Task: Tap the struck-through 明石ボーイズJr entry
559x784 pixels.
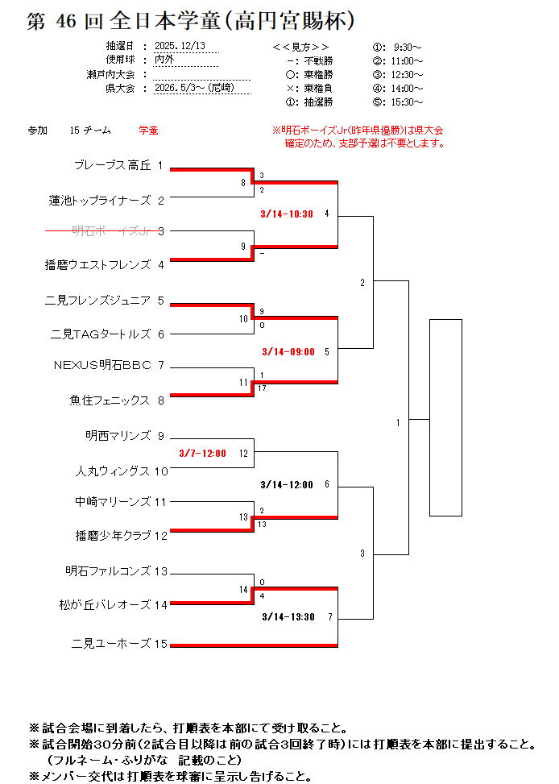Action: (x=112, y=231)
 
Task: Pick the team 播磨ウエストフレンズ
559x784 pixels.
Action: (x=97, y=263)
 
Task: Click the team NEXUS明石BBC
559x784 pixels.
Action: (x=102, y=365)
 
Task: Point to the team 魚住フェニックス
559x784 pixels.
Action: (x=110, y=399)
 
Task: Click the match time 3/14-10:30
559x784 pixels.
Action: (x=287, y=214)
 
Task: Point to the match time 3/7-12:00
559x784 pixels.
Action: (x=202, y=453)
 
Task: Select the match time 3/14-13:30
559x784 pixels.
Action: (x=288, y=617)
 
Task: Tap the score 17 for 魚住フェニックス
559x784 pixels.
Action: (x=263, y=388)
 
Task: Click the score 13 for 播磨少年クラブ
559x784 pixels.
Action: (x=263, y=525)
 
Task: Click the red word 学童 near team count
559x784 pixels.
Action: (x=148, y=130)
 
